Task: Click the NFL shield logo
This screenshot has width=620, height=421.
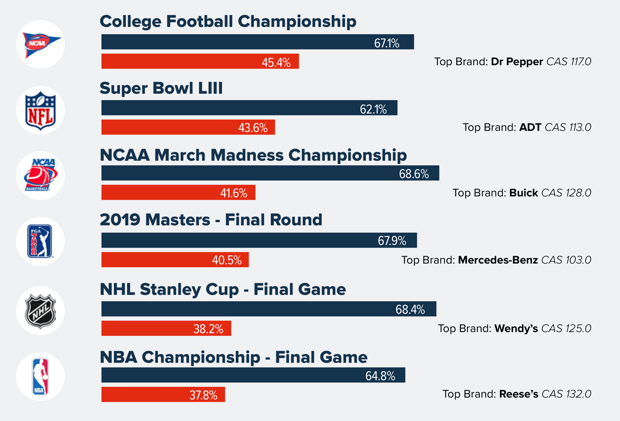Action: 40,110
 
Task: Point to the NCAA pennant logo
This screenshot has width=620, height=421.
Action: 40,44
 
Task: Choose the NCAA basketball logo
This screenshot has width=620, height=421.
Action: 40,175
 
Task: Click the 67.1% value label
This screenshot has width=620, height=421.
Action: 386,43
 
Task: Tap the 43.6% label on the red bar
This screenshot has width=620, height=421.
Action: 253,128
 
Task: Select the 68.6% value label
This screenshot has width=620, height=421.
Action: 414,174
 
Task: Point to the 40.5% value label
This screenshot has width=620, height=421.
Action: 227,260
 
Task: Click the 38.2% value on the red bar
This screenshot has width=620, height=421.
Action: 208,329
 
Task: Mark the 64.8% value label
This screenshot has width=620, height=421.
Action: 380,376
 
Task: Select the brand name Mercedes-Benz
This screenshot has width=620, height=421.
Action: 498,260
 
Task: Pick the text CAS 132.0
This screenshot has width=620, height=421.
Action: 566,394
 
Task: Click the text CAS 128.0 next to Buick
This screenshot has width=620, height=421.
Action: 566,193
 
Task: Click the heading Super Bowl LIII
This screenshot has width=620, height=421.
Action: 161,88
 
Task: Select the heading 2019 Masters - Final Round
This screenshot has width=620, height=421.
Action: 211,220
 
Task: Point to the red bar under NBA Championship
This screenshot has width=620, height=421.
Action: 163,395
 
